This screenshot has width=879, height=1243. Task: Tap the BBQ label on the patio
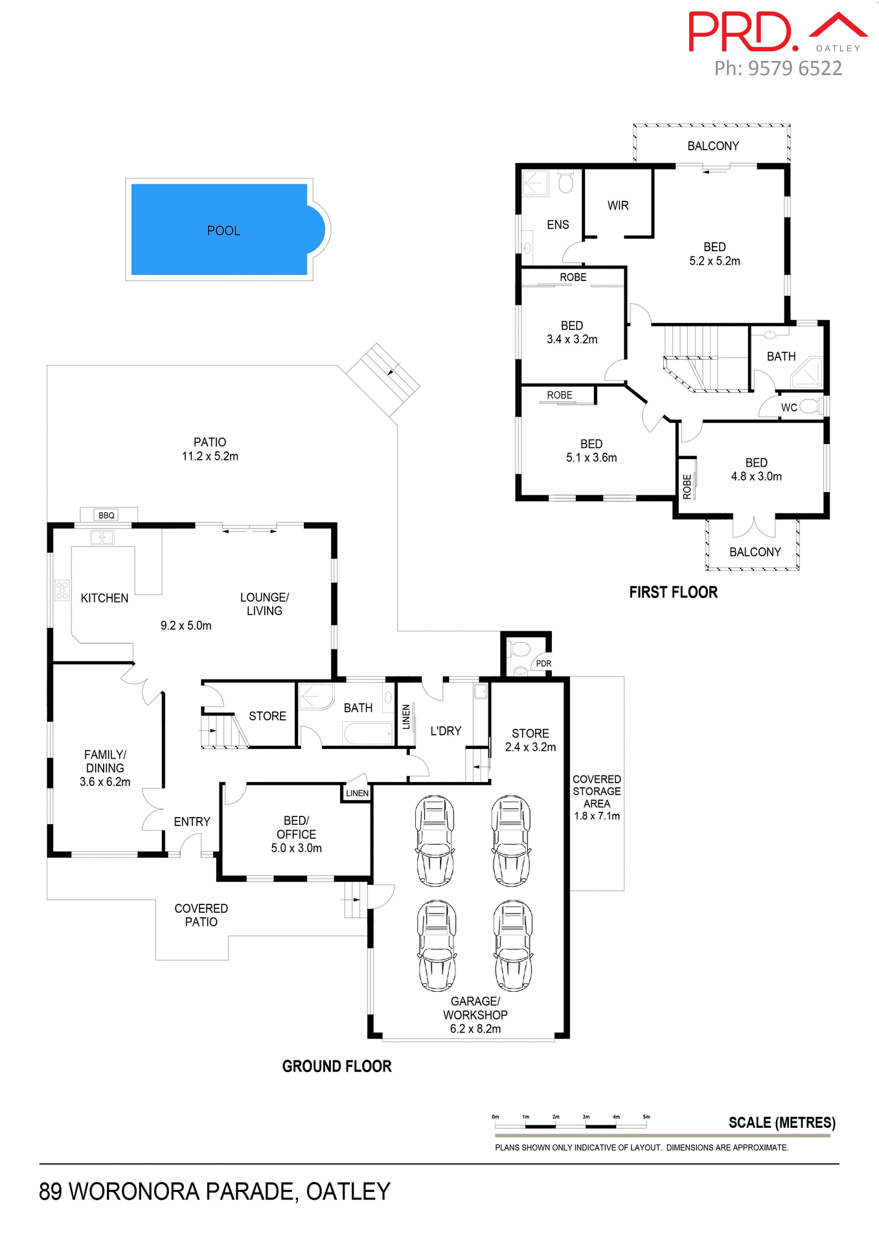tap(106, 515)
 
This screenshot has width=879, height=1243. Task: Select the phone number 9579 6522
tap(794, 69)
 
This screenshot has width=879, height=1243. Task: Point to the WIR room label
tap(617, 205)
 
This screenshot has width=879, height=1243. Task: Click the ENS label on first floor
tap(557, 225)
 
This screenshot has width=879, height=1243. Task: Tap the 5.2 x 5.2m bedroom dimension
tap(714, 261)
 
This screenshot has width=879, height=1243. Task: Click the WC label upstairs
tap(788, 407)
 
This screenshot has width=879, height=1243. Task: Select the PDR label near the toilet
tap(543, 664)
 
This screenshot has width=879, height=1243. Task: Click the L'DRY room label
tap(446, 730)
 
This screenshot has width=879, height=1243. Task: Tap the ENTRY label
tap(192, 822)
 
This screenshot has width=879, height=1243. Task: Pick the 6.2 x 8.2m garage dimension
tap(475, 1029)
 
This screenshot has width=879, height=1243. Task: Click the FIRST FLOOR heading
tap(673, 592)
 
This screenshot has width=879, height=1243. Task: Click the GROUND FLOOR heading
tap(336, 1066)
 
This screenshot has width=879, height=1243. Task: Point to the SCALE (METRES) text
tap(781, 1123)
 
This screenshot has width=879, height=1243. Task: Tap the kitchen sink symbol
tap(102, 537)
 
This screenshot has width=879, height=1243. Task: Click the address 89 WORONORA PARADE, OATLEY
tap(214, 1191)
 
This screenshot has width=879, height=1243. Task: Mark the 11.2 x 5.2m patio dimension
tap(210, 456)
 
